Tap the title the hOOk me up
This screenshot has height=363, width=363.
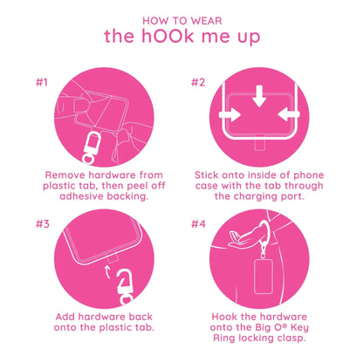tap(181, 38)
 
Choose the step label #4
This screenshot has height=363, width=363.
tap(199, 223)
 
